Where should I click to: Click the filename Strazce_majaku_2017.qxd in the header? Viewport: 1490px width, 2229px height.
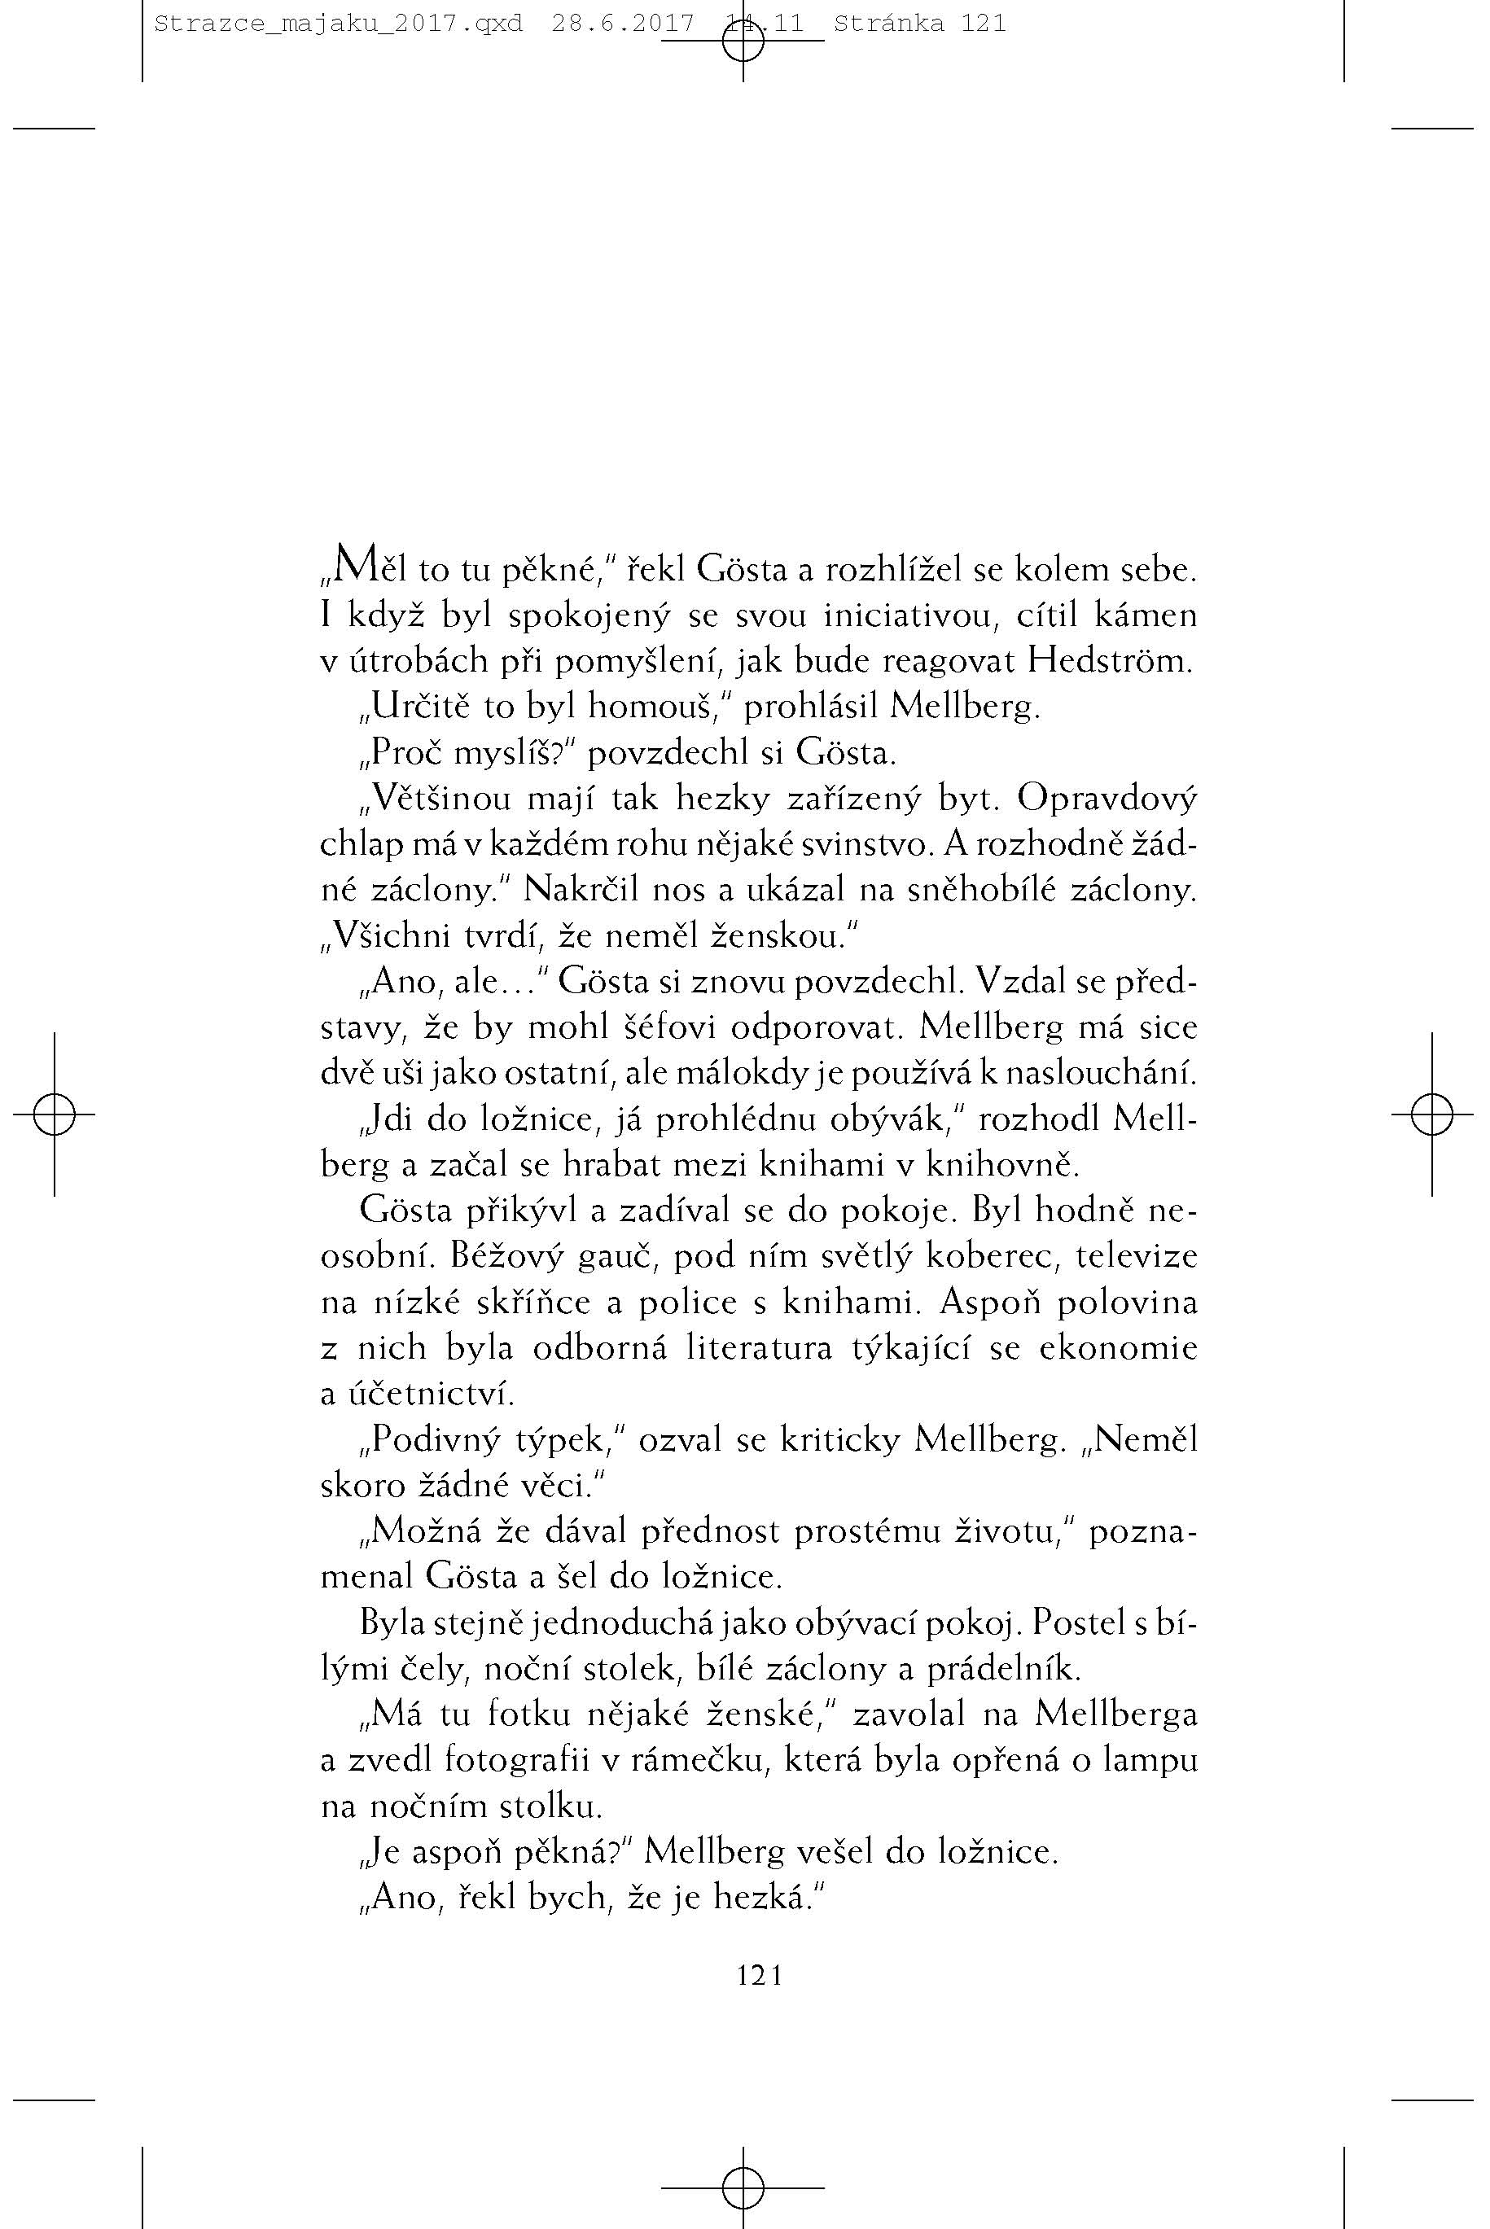pyautogui.click(x=337, y=24)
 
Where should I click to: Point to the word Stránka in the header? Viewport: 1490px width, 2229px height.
pyautogui.click(x=888, y=24)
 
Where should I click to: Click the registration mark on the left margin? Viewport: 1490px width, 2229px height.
pyautogui.click(x=55, y=1114)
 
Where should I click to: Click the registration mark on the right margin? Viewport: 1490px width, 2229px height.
pyautogui.click(x=1431, y=1114)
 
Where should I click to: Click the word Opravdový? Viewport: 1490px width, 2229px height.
pyautogui.click(x=1107, y=798)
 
